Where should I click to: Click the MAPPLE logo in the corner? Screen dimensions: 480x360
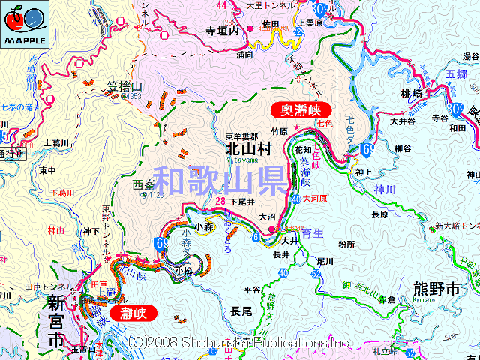coord(24,25)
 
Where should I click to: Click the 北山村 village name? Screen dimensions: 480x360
coord(247,149)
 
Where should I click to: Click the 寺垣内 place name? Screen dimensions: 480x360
coord(221,33)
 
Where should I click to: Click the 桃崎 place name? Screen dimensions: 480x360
coord(412,94)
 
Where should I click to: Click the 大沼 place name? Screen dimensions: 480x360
coord(267,217)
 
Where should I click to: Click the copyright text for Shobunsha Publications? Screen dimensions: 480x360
coord(239,342)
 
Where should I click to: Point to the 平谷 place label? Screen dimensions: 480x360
coord(252,289)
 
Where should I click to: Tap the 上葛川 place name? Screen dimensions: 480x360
coord(56,143)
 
